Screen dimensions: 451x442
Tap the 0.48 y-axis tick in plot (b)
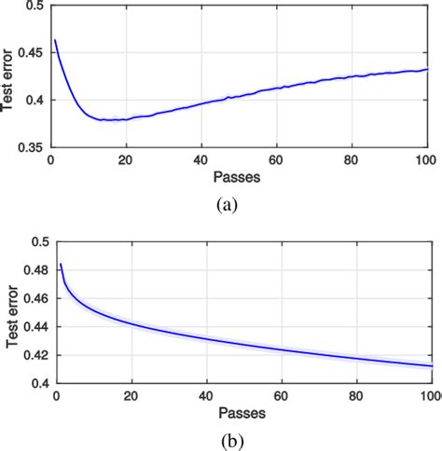[x=35, y=271]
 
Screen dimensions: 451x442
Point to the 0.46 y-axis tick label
[x=35, y=299]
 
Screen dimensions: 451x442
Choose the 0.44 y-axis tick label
[x=35, y=327]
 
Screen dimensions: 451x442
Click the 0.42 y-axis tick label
[x=35, y=355]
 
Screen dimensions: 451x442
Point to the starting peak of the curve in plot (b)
[x=61, y=265]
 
